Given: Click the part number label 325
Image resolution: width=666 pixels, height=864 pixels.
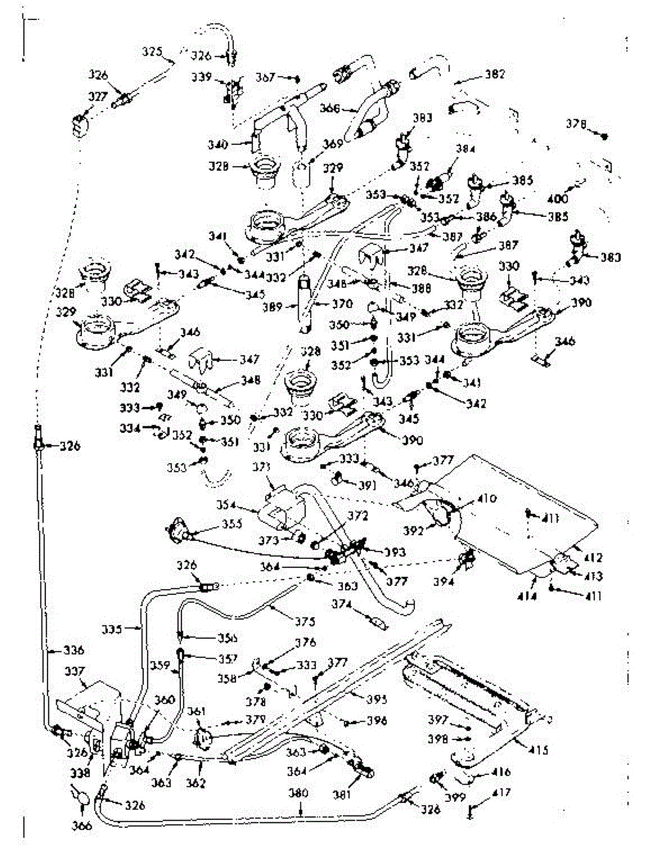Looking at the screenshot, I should coord(152,52).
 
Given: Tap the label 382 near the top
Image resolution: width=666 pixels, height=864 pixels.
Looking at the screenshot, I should coord(495,74).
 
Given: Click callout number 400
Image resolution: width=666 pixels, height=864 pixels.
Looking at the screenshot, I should coord(558,199).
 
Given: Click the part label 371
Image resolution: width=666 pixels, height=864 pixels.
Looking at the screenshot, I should coord(263,468).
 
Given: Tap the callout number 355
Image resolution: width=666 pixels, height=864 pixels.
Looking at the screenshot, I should coord(232,525).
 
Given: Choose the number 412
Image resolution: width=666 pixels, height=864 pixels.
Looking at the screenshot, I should coord(593,557).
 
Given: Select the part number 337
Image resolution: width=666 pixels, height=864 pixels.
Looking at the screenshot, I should coord(74,671).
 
